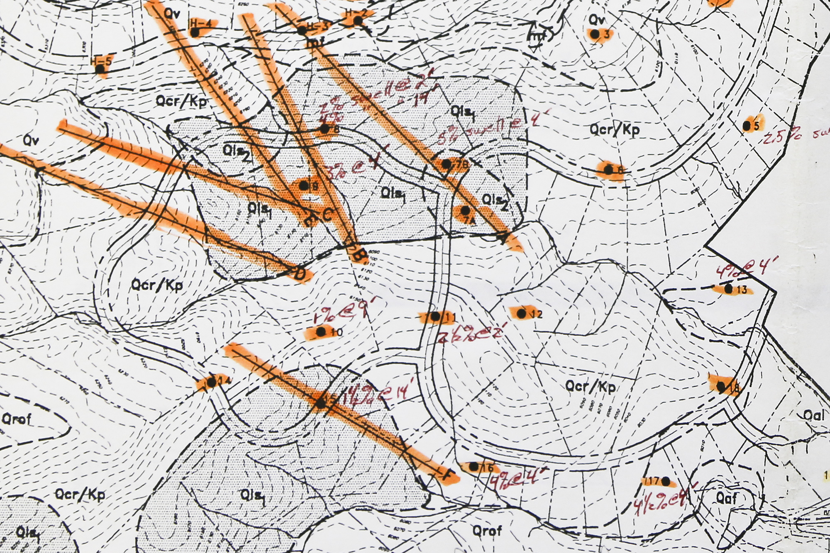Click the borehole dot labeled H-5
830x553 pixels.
(x=100, y=69)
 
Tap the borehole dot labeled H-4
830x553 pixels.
(x=195, y=32)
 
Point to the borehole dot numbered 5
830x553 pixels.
(x=746, y=125)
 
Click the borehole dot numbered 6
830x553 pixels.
(x=608, y=170)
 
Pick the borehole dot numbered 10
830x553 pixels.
(x=320, y=332)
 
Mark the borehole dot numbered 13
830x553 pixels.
(x=728, y=289)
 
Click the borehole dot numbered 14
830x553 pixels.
(x=212, y=382)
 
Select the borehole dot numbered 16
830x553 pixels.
(x=474, y=467)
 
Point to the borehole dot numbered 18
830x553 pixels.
(x=721, y=387)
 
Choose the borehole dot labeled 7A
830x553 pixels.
(x=465, y=211)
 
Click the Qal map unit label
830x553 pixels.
(x=814, y=415)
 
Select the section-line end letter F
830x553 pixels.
(x=447, y=475)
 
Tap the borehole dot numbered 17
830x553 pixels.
(x=665, y=481)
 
